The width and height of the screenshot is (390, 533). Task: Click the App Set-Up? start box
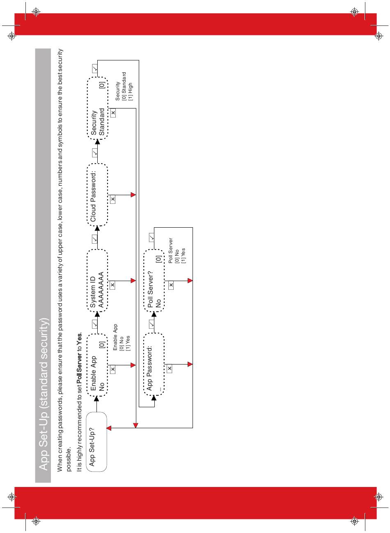pos(97,442)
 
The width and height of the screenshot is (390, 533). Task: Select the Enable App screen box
pos(97,365)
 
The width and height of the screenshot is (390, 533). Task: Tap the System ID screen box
pos(97,280)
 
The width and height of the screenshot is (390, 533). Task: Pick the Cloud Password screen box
pos(97,195)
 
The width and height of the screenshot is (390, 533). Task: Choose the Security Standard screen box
pos(97,108)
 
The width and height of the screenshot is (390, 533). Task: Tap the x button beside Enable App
pos(113,369)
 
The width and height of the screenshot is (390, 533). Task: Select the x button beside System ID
pos(112,285)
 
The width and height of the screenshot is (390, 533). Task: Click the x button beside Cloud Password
pos(112,199)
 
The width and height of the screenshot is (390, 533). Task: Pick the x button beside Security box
pos(113,113)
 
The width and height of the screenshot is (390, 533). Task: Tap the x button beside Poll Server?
pos(171,285)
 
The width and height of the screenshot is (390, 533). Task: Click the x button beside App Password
pos(170,369)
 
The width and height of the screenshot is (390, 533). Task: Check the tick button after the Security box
pos(95,69)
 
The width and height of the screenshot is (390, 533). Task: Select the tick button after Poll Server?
pos(151,237)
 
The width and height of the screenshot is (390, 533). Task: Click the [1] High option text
pos(131,91)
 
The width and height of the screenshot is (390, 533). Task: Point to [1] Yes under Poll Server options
pos(183,255)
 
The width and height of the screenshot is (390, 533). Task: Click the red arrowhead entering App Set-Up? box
pos(109,428)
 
